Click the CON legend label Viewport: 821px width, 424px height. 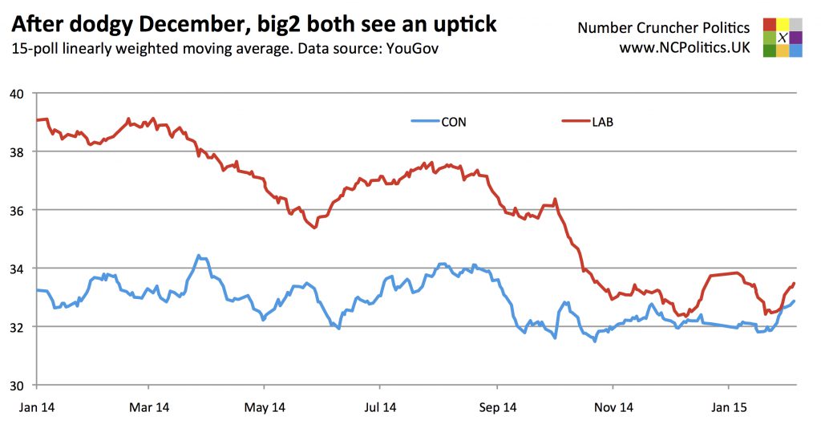454,123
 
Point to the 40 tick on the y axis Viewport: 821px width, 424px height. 18,94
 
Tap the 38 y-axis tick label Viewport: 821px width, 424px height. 18,151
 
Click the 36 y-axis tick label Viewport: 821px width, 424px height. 18,210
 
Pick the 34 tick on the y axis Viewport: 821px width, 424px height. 18,269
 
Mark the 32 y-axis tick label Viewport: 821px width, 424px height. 18,327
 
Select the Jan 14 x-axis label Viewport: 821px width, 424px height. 36,407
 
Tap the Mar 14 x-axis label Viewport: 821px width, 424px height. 151,407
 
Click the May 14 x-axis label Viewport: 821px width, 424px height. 265,407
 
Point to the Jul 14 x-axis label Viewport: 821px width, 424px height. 380,407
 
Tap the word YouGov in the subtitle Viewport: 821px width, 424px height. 412,49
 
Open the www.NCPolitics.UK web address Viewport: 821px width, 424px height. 684,48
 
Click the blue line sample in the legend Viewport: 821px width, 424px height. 423,123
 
